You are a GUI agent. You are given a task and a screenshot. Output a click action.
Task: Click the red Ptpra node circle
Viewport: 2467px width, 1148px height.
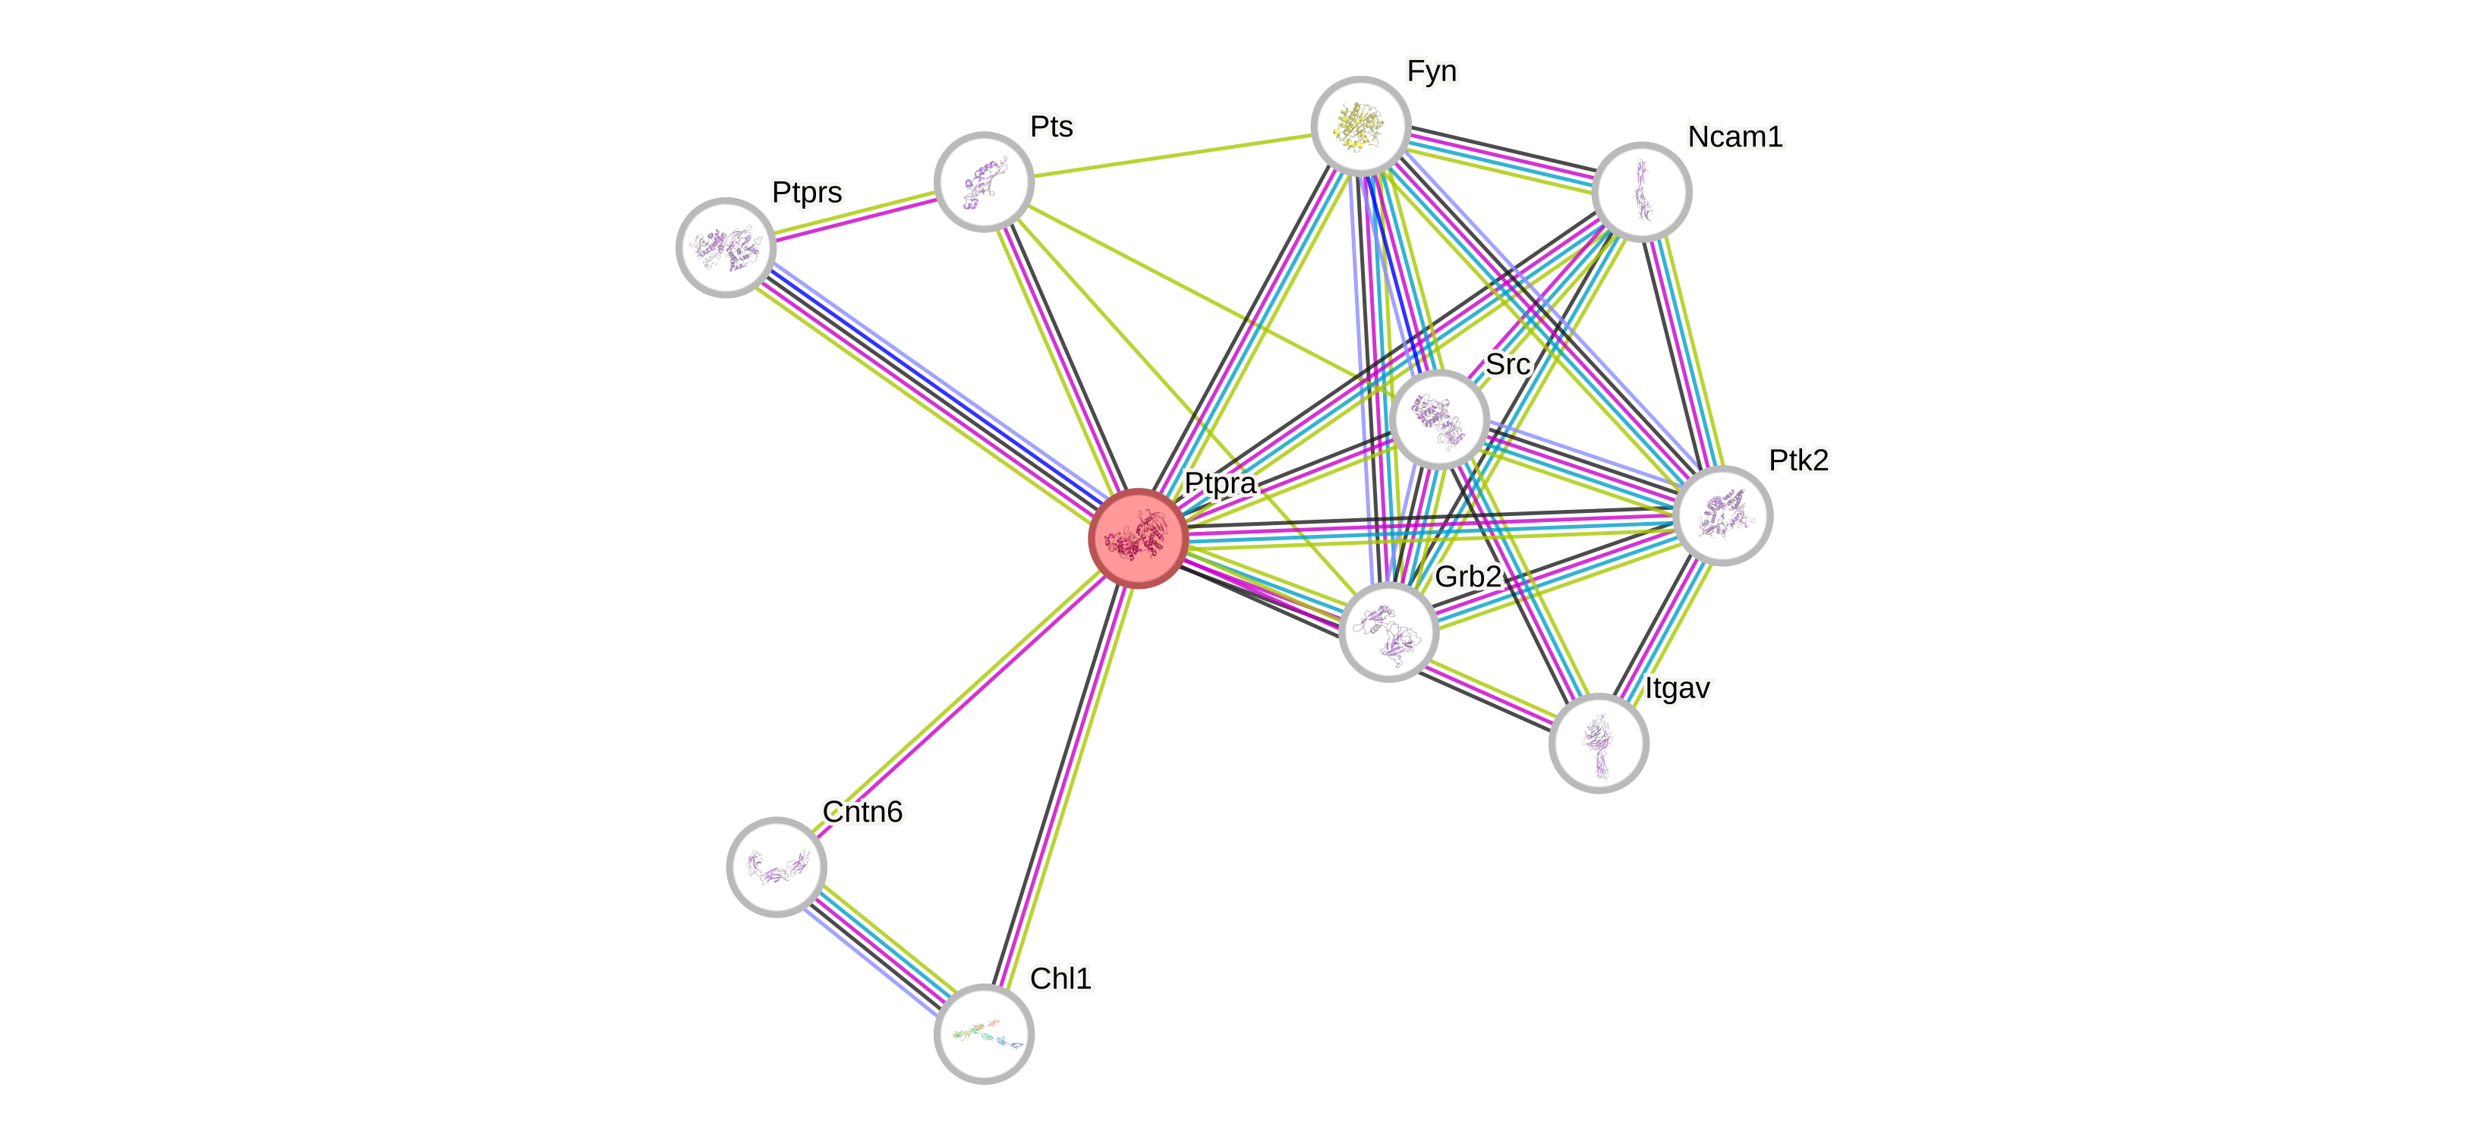pos(1139,538)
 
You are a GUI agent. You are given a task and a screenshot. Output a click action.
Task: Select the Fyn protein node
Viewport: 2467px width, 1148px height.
pos(1360,125)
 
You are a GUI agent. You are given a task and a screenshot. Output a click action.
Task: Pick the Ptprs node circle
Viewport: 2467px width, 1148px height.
pos(726,248)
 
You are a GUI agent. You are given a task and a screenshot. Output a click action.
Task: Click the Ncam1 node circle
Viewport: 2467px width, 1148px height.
pos(1641,191)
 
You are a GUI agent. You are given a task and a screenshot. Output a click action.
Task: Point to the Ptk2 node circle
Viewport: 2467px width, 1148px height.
pos(1724,515)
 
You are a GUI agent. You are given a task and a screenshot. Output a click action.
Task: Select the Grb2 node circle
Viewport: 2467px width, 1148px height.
pos(1388,632)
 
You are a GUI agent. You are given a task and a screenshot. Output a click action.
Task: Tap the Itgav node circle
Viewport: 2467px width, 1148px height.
pos(1599,743)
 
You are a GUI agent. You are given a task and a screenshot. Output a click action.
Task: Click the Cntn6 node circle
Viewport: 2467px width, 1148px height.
pos(777,867)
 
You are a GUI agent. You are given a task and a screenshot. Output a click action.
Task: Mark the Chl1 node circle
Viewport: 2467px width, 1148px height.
pos(984,1034)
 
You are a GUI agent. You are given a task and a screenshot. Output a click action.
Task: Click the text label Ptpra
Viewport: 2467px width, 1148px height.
pos(1220,483)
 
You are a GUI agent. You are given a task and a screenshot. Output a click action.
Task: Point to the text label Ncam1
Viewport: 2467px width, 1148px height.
pos(1735,137)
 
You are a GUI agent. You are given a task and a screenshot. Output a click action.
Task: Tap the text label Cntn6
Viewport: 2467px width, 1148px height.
pos(862,812)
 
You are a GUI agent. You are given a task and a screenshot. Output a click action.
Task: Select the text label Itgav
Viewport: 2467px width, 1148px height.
pos(1678,688)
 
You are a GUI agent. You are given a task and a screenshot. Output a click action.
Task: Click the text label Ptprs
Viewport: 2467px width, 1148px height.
pos(806,193)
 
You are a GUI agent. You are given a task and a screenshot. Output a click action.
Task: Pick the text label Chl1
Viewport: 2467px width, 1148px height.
pos(1060,979)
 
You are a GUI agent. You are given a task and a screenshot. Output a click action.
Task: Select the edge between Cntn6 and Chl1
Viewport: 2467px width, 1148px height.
pos(880,950)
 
